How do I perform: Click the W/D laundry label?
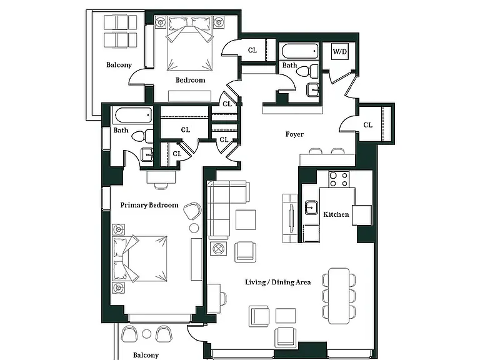click(x=340, y=51)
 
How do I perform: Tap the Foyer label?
click(x=294, y=134)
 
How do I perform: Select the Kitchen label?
click(x=336, y=214)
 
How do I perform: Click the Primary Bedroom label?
click(x=149, y=205)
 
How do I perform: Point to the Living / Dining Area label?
click(x=278, y=282)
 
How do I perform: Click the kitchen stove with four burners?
click(x=339, y=179)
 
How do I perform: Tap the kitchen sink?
click(x=311, y=207)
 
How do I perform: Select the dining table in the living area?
click(x=339, y=296)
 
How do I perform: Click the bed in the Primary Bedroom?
click(x=140, y=259)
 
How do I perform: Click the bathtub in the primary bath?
click(x=134, y=115)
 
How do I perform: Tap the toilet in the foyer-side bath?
click(x=307, y=72)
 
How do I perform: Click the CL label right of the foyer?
click(x=367, y=125)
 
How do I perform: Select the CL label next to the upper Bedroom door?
click(x=252, y=50)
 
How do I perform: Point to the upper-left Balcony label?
click(x=119, y=65)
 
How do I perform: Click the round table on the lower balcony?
click(x=147, y=334)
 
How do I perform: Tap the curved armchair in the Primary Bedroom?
click(x=192, y=211)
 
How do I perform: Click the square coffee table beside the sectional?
click(x=246, y=220)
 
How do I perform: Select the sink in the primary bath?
click(x=147, y=154)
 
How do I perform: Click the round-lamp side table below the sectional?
click(x=218, y=248)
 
